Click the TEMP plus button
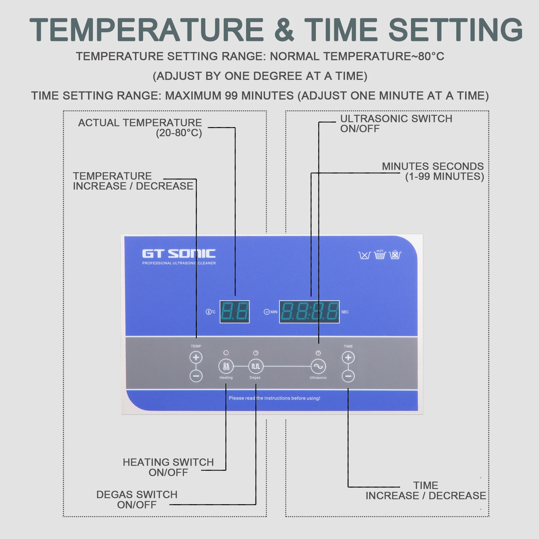pyautogui.click(x=196, y=357)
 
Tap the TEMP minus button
pyautogui.click(x=196, y=376)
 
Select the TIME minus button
pyautogui.click(x=348, y=376)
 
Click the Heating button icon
pyautogui.click(x=226, y=366)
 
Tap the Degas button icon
pyautogui.click(x=256, y=366)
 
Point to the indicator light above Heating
pyautogui.click(x=226, y=353)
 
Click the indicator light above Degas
pyautogui.click(x=256, y=353)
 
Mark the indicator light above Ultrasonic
pyautogui.click(x=318, y=353)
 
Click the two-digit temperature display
pyautogui.click(x=235, y=312)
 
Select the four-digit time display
pyautogui.click(x=309, y=312)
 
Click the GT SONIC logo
pyautogui.click(x=179, y=254)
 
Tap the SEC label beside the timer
pyautogui.click(x=345, y=312)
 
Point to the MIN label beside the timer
pyautogui.click(x=274, y=312)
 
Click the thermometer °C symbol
pyautogui.click(x=211, y=312)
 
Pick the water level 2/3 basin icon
pyautogui.click(x=380, y=254)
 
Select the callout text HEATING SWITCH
pyautogui.click(x=168, y=462)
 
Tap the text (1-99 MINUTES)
pyautogui.click(x=444, y=176)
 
